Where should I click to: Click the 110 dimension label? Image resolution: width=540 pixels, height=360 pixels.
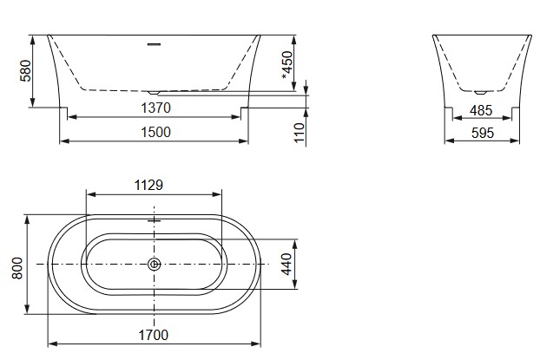tap(300, 132)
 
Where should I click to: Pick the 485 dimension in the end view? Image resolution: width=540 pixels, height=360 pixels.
tap(482, 110)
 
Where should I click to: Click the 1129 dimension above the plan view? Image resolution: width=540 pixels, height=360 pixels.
tap(149, 184)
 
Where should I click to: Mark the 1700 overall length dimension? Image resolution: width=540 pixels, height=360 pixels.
tap(153, 334)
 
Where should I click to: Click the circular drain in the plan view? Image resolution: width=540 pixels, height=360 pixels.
tap(154, 264)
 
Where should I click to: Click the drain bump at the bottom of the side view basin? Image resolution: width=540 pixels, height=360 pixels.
tap(155, 89)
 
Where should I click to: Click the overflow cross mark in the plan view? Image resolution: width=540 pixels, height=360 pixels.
tap(154, 220)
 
